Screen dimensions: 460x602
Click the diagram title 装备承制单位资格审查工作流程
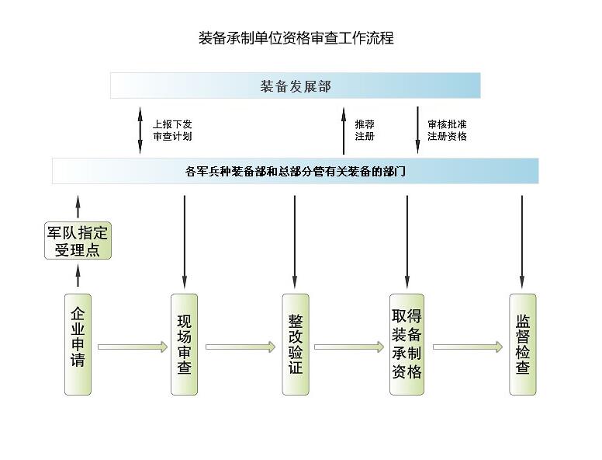pyautogui.click(x=296, y=38)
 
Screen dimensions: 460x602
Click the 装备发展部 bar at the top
pyautogui.click(x=295, y=85)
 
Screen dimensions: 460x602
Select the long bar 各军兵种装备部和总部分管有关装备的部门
pyautogui.click(x=295, y=171)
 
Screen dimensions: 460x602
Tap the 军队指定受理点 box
pyautogui.click(x=78, y=241)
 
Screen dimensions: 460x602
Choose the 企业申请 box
pyautogui.click(x=78, y=343)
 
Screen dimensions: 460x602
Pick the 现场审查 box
pyautogui.click(x=185, y=343)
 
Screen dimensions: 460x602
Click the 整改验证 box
pyautogui.click(x=295, y=343)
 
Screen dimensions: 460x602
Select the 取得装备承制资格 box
pyautogui.click(x=407, y=343)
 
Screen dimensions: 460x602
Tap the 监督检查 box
pyautogui.click(x=522, y=343)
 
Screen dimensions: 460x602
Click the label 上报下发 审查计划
pyautogui.click(x=171, y=130)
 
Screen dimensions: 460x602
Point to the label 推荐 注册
pyautogui.click(x=365, y=130)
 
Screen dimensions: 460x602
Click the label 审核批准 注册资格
pyautogui.click(x=447, y=130)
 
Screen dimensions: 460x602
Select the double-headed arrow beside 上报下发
pyautogui.click(x=140, y=130)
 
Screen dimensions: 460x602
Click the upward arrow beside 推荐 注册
pyautogui.click(x=344, y=130)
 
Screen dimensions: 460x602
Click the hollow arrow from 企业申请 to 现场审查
pyautogui.click(x=132, y=347)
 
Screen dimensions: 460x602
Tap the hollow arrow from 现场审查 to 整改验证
pyautogui.click(x=240, y=347)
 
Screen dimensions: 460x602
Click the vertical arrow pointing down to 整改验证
pyautogui.click(x=295, y=241)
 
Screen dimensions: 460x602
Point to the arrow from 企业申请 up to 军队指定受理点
pyautogui.click(x=78, y=275)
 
